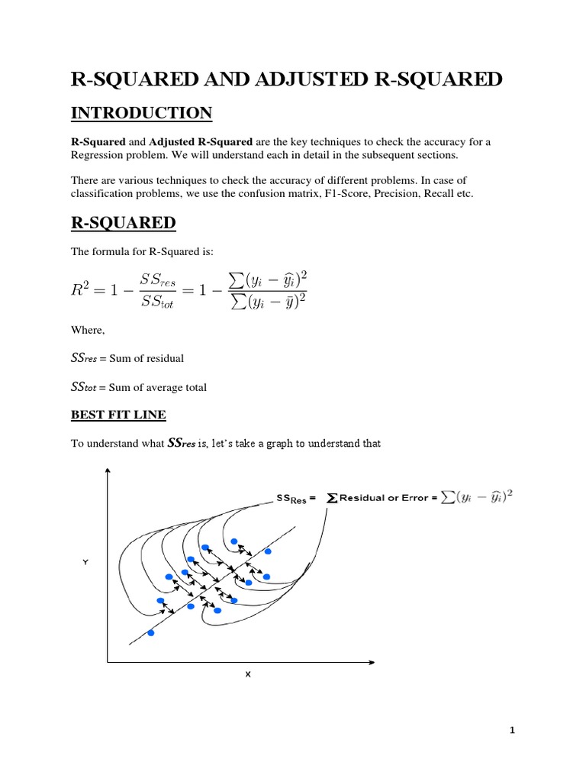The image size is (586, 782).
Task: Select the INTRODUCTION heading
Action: tap(141, 114)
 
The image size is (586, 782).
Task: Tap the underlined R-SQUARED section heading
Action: tap(123, 223)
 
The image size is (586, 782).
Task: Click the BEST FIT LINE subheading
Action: tap(118, 415)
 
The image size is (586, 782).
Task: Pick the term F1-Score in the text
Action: tap(336, 195)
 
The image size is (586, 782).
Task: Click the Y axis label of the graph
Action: tap(85, 561)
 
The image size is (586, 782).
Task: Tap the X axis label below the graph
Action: tap(247, 674)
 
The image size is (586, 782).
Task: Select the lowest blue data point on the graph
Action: tap(150, 633)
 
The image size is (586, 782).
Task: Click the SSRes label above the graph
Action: tap(294, 499)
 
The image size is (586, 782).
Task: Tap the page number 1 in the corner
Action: tap(513, 731)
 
